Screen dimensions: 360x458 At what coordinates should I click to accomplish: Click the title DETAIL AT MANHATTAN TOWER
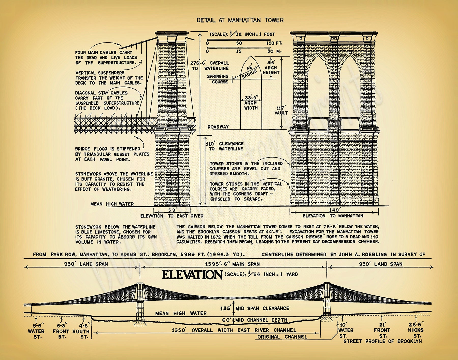240,20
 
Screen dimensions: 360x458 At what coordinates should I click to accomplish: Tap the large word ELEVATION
192,275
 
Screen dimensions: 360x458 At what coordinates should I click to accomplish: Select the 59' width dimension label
172,210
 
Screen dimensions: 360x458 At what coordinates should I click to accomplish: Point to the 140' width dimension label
334,210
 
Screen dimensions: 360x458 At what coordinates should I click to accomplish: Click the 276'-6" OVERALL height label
210,66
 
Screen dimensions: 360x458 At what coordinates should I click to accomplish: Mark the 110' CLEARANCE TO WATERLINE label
225,146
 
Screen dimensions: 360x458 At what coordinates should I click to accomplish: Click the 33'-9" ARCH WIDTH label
251,103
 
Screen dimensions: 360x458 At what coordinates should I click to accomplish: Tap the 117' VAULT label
281,110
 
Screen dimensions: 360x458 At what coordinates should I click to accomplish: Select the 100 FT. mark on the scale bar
274,43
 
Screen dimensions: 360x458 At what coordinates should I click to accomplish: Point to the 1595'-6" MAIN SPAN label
232,264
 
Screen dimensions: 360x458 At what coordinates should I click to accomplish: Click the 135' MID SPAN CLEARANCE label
254,308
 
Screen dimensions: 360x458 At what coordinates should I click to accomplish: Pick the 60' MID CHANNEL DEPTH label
255,320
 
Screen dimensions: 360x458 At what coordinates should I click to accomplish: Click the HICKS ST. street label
416,330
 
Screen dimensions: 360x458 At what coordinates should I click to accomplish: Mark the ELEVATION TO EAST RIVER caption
172,216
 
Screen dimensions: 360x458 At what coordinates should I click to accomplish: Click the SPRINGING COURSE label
218,79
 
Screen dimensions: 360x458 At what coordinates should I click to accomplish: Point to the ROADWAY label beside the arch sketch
218,127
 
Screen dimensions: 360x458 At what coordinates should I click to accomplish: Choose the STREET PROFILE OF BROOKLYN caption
382,341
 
